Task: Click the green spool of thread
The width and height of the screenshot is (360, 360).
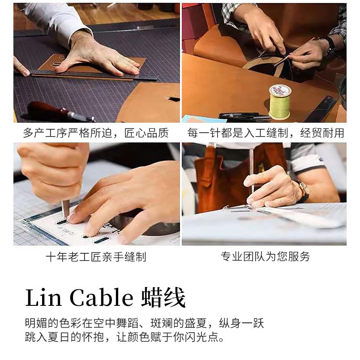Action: [280, 102]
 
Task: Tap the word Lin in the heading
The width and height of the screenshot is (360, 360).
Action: [43, 298]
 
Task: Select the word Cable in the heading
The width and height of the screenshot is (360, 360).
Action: [101, 298]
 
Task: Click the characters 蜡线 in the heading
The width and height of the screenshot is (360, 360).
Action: [163, 298]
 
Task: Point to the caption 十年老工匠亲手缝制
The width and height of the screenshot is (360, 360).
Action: [96, 257]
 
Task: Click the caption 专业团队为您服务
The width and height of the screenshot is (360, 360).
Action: [265, 257]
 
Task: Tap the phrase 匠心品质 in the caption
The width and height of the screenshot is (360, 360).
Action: [146, 133]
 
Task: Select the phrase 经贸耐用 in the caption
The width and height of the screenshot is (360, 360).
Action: [322, 133]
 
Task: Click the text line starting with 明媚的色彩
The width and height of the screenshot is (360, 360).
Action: [145, 323]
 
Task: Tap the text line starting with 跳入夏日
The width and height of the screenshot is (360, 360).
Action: [124, 337]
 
